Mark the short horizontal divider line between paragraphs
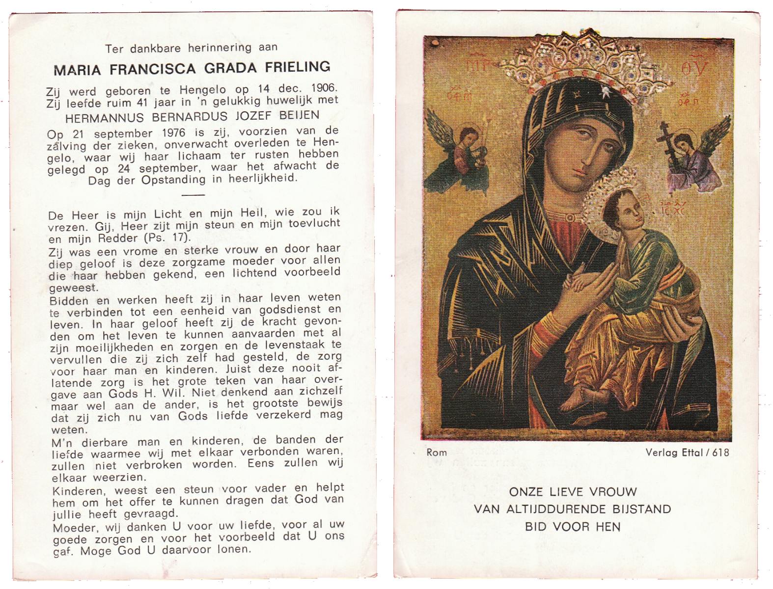coord(193,195)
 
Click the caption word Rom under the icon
coord(437,452)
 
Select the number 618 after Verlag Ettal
coord(719,452)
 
